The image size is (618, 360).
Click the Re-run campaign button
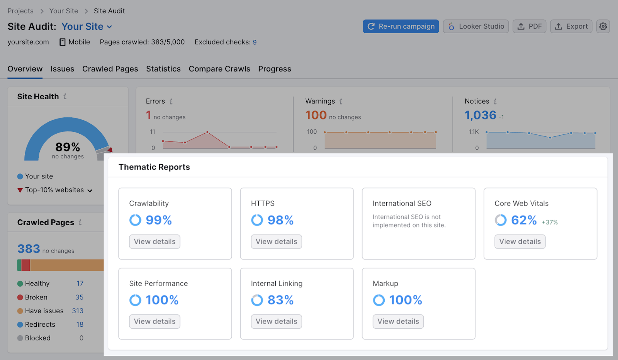coord(401,26)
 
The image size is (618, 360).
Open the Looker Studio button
coord(475,26)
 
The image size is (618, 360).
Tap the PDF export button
coord(529,26)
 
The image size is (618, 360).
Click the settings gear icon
coord(603,26)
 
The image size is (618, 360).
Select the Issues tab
coord(62,69)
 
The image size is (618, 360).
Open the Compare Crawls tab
coord(219,69)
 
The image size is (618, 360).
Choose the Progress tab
coord(275,69)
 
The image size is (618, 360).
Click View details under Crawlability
coord(154,241)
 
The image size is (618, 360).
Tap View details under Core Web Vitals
coord(520,241)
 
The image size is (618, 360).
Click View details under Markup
coord(398,321)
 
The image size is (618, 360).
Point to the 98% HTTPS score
coord(280,220)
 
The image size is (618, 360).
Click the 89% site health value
coord(68,147)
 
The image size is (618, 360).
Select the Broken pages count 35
coord(79,297)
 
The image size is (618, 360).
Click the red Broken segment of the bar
coord(25,265)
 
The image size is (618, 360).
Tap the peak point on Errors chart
coord(207,132)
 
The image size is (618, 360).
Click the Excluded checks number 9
coord(255,42)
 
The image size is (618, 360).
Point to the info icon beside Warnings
coord(341,102)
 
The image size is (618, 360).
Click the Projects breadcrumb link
coord(20,11)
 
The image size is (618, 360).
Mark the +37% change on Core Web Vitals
coord(550,222)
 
